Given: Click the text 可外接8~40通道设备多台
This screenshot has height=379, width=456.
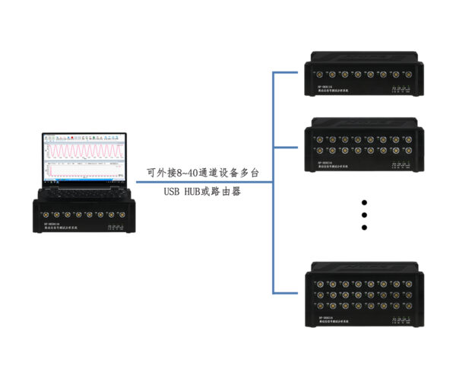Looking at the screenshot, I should tap(203, 173).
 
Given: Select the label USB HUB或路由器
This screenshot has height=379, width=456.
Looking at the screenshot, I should tap(202, 192).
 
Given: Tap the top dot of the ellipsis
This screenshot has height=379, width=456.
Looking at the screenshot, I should tap(364, 203).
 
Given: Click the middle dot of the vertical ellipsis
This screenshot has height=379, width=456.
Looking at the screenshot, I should tap(364, 215).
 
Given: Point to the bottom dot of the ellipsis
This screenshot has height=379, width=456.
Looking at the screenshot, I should tap(364, 228).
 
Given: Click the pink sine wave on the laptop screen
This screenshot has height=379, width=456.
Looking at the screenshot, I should tap(84, 150).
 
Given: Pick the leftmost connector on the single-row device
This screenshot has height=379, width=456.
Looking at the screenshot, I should tap(313, 75).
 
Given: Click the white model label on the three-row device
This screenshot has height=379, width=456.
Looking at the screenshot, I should tap(327, 320).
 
